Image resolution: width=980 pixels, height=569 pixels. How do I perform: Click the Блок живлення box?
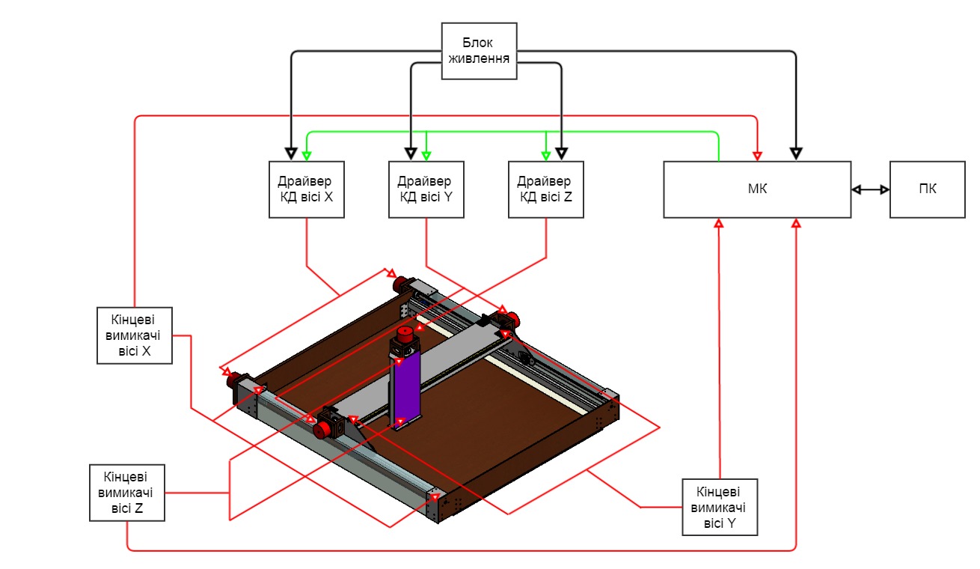coord(479,50)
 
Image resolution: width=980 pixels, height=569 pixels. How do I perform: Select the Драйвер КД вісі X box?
coord(306,189)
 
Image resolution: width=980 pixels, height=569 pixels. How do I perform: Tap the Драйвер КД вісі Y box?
coord(426,189)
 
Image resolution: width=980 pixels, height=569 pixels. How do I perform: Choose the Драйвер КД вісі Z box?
coord(545,189)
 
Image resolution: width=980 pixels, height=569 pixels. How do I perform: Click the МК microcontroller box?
coord(757,189)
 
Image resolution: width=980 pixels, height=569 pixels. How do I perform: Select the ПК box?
coord(927,189)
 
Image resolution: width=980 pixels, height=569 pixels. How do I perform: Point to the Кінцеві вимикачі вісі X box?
coord(135,335)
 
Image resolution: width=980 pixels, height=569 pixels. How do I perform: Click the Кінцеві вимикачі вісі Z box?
coord(126,493)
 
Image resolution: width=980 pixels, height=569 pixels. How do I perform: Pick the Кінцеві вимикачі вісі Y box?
coord(720,507)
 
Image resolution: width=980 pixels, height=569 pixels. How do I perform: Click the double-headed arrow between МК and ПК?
coord(870,190)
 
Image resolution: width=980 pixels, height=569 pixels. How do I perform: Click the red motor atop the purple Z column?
coord(405,335)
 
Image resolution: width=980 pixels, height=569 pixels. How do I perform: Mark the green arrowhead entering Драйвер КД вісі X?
coord(306,155)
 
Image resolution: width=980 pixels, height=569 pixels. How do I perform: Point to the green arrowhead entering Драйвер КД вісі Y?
coord(426,155)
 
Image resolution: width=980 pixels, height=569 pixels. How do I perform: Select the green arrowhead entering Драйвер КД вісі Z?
coord(545,155)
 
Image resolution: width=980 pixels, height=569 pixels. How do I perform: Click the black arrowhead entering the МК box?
coord(796,154)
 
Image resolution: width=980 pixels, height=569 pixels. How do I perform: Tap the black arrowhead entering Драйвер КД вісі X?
coord(291,154)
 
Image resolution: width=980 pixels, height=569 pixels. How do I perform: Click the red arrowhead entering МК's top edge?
coord(757,155)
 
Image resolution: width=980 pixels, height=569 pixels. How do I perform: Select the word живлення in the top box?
coord(479,58)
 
